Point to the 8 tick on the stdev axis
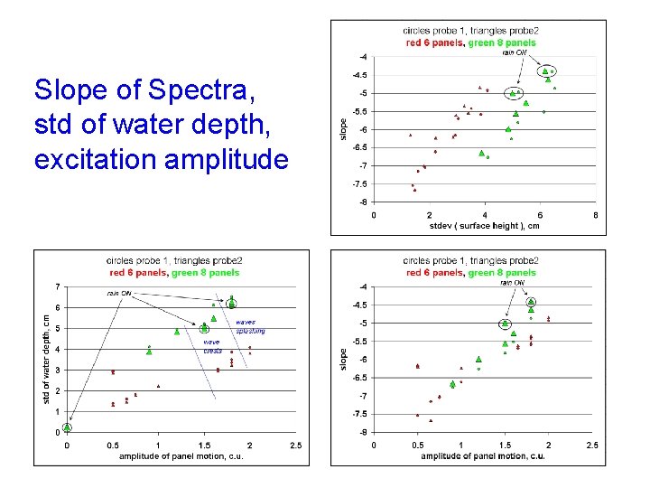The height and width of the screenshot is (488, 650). [595, 214]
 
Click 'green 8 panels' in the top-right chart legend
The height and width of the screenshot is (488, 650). [503, 42]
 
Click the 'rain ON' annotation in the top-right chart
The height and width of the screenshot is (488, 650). [515, 52]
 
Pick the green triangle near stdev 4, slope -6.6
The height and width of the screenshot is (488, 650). [481, 153]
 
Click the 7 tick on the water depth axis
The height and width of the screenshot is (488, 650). [59, 287]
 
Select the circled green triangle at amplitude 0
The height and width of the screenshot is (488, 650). [67, 427]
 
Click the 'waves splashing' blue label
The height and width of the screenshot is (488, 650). [250, 326]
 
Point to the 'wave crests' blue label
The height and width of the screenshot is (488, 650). [211, 346]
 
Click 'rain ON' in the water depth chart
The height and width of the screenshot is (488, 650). [119, 293]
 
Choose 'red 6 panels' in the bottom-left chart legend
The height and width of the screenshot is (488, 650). [138, 272]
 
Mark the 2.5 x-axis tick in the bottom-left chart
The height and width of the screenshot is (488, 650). [296, 445]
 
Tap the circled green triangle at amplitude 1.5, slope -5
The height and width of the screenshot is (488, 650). [506, 324]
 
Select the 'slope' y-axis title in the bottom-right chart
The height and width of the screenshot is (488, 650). [343, 359]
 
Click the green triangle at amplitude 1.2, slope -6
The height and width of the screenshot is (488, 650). [478, 359]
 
